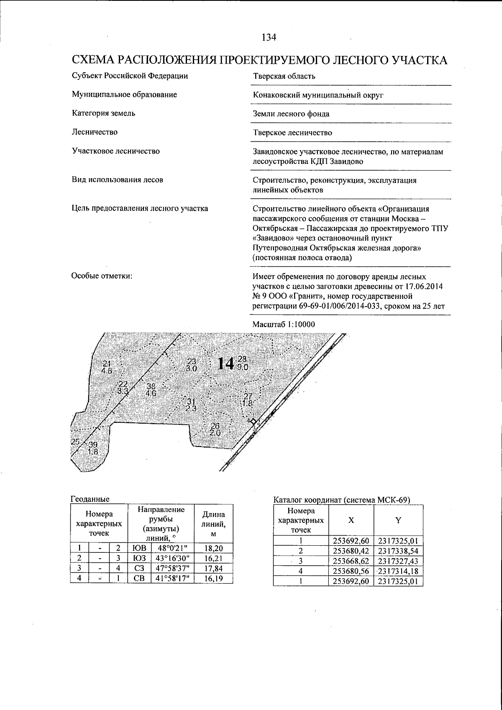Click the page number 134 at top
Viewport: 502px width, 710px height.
pyautogui.click(x=269, y=38)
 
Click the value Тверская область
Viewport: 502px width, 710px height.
pyautogui.click(x=284, y=76)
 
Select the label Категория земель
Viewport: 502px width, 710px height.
pyautogui.click(x=103, y=113)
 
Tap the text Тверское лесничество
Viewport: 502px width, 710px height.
pyautogui.click(x=292, y=133)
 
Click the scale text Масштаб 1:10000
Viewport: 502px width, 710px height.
pyautogui.click(x=284, y=324)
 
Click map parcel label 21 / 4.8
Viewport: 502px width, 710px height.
pyautogui.click(x=107, y=366)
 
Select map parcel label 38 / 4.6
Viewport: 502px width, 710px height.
pyautogui.click(x=151, y=390)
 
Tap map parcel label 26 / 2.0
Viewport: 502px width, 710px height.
pyautogui.click(x=215, y=430)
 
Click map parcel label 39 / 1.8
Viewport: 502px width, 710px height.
pyautogui.click(x=93, y=448)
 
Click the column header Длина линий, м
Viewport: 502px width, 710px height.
pyautogui.click(x=214, y=524)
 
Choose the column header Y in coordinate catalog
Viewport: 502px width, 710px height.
pyautogui.click(x=398, y=520)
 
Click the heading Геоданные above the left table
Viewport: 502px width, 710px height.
pyautogui.click(x=90, y=499)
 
